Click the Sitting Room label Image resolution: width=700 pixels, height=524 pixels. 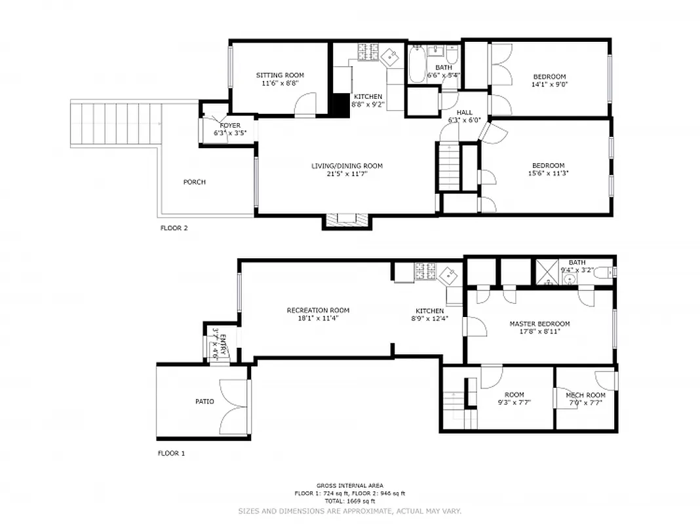click(x=280, y=75)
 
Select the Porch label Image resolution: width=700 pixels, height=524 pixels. click(x=195, y=182)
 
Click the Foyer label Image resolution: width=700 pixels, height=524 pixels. click(x=229, y=125)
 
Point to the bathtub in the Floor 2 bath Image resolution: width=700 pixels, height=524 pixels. click(x=417, y=64)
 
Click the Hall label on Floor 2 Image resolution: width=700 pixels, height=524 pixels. click(x=464, y=113)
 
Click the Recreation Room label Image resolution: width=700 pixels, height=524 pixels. click(x=318, y=310)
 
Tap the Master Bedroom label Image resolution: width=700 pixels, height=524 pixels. click(x=539, y=324)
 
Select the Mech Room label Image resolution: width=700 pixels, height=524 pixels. click(x=585, y=395)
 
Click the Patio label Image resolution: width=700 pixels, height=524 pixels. click(x=204, y=402)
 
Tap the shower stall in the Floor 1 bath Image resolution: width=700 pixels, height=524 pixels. click(x=546, y=269)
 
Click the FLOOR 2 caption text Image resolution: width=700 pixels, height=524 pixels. click(x=174, y=229)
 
